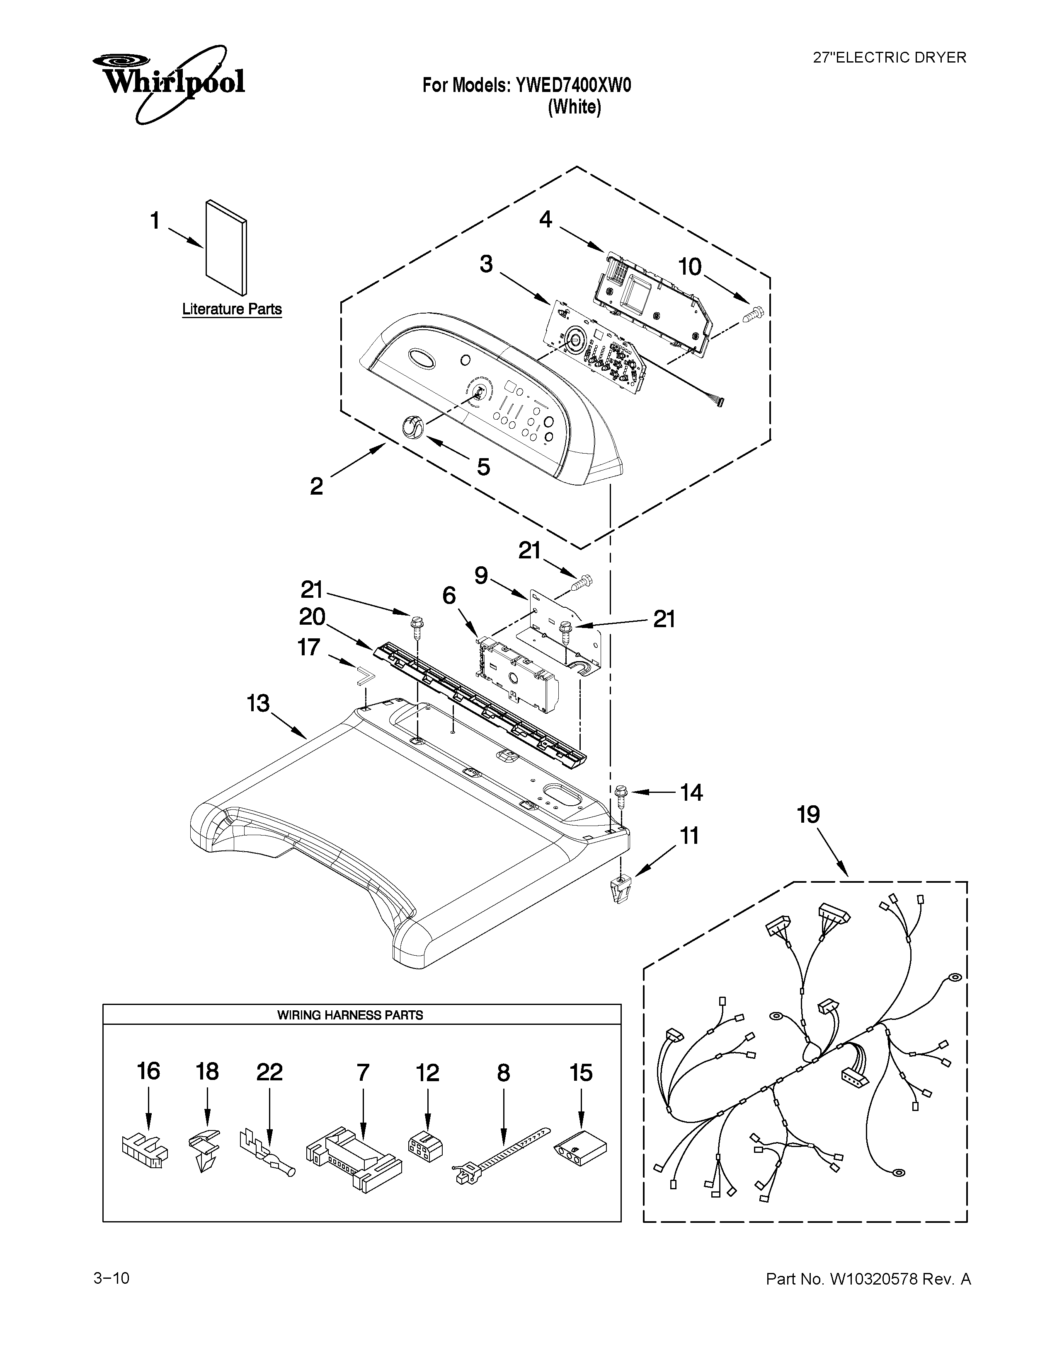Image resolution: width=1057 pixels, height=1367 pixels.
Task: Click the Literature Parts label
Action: click(x=232, y=309)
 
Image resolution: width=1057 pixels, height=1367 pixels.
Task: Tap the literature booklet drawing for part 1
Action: click(x=226, y=247)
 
